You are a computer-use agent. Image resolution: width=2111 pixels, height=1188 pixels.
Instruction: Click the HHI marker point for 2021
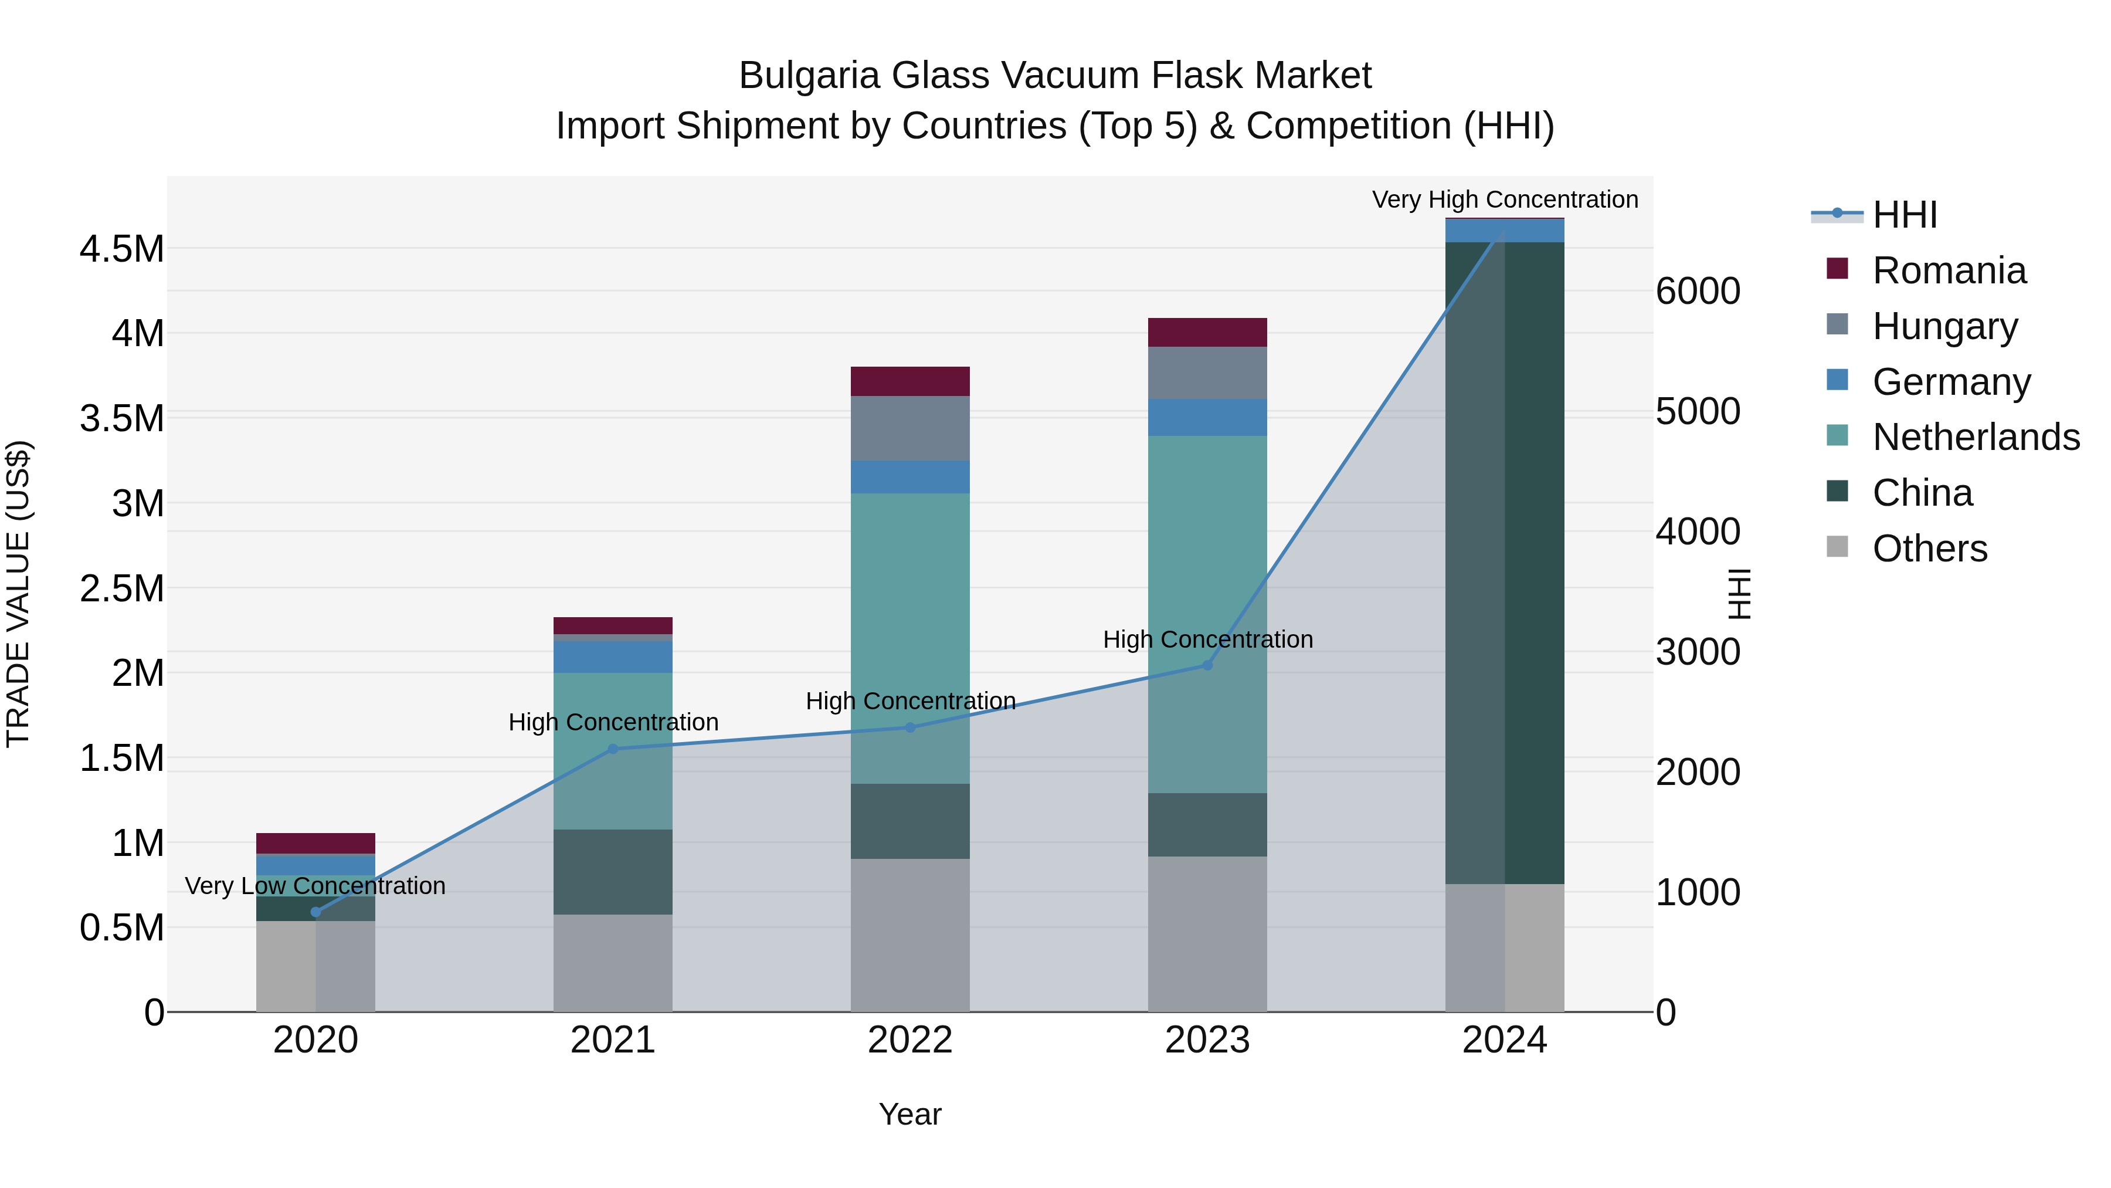612,749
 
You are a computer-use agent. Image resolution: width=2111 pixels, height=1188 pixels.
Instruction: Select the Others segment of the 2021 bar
612,963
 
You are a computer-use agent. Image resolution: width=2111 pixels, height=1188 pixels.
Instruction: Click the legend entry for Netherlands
1975,437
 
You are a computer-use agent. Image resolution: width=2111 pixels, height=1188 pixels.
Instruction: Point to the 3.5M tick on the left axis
121,418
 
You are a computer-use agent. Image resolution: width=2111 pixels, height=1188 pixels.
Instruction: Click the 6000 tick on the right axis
1697,291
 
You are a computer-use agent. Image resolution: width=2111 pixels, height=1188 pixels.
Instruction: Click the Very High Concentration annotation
1505,199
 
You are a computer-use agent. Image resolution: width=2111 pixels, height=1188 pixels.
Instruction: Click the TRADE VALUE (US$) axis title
18,594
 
